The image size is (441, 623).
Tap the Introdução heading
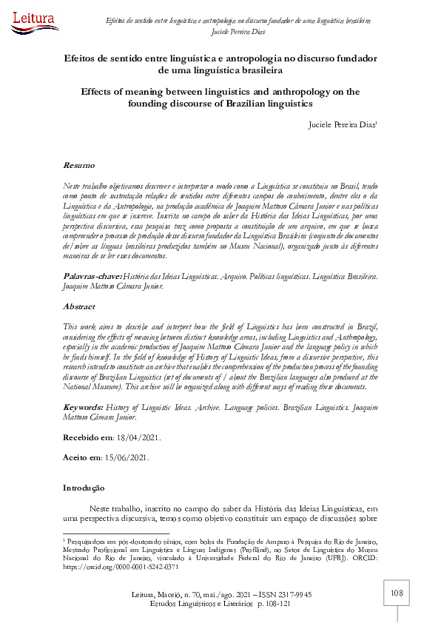(84, 488)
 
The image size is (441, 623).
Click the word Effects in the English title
(103, 92)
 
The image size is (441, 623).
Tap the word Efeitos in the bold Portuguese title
(85, 57)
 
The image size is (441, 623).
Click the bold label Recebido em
(87, 437)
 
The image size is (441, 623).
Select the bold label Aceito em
(81, 457)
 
